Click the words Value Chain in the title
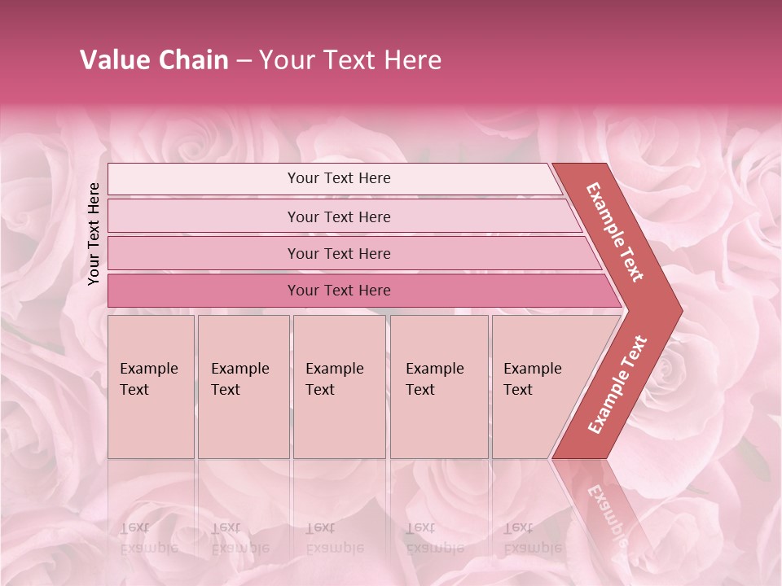coord(154,60)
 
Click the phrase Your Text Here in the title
coord(350,60)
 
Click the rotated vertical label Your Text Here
coord(94,234)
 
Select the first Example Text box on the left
coord(151,387)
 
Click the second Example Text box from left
coord(243,387)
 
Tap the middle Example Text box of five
coord(339,387)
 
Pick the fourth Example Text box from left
coord(439,387)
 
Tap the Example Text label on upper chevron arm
coord(615,232)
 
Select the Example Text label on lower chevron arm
coord(617,385)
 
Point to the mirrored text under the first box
coord(148,537)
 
